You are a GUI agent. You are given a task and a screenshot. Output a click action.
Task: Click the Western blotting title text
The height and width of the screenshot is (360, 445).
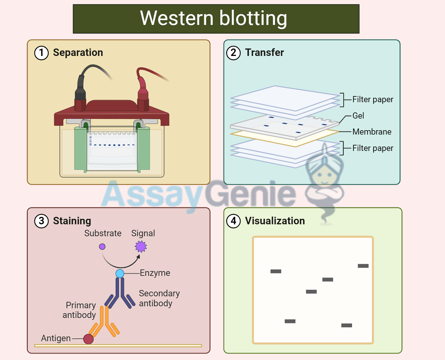tap(213, 18)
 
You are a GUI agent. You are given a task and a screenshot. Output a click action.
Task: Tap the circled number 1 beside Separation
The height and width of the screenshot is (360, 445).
tap(42, 53)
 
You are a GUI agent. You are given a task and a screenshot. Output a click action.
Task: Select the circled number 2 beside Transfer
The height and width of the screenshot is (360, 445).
tap(233, 53)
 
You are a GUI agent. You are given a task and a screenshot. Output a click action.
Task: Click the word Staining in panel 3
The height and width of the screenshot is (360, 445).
tap(72, 221)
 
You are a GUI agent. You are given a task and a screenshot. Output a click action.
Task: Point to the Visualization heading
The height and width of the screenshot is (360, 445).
tap(275, 221)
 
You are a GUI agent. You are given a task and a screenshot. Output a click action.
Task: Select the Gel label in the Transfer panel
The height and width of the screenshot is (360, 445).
tap(358, 116)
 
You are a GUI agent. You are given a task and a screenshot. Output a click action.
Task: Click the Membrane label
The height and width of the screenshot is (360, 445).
tap(372, 132)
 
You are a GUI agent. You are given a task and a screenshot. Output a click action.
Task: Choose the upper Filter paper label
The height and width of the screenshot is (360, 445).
tap(372, 99)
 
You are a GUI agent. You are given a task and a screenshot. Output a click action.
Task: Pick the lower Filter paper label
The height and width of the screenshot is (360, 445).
tap(372, 148)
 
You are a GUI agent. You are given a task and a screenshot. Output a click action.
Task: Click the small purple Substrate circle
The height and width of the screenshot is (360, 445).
tap(102, 246)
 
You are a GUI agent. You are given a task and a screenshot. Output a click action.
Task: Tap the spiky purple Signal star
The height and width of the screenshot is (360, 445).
tap(141, 246)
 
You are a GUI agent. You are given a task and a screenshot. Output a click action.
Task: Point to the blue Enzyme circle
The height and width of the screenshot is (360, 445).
tap(120, 274)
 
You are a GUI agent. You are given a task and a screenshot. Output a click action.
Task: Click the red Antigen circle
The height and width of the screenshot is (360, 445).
tap(88, 339)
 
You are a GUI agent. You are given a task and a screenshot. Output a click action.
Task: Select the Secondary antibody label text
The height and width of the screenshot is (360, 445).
tap(159, 298)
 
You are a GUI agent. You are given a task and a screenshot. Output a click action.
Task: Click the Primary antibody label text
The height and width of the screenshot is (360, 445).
tap(80, 310)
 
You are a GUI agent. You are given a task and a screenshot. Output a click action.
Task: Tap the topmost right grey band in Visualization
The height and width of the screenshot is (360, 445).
tap(363, 266)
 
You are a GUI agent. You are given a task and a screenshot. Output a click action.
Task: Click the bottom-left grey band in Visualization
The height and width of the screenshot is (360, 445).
tap(290, 321)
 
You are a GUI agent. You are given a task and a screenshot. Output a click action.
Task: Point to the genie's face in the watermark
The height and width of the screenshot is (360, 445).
tap(325, 175)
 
